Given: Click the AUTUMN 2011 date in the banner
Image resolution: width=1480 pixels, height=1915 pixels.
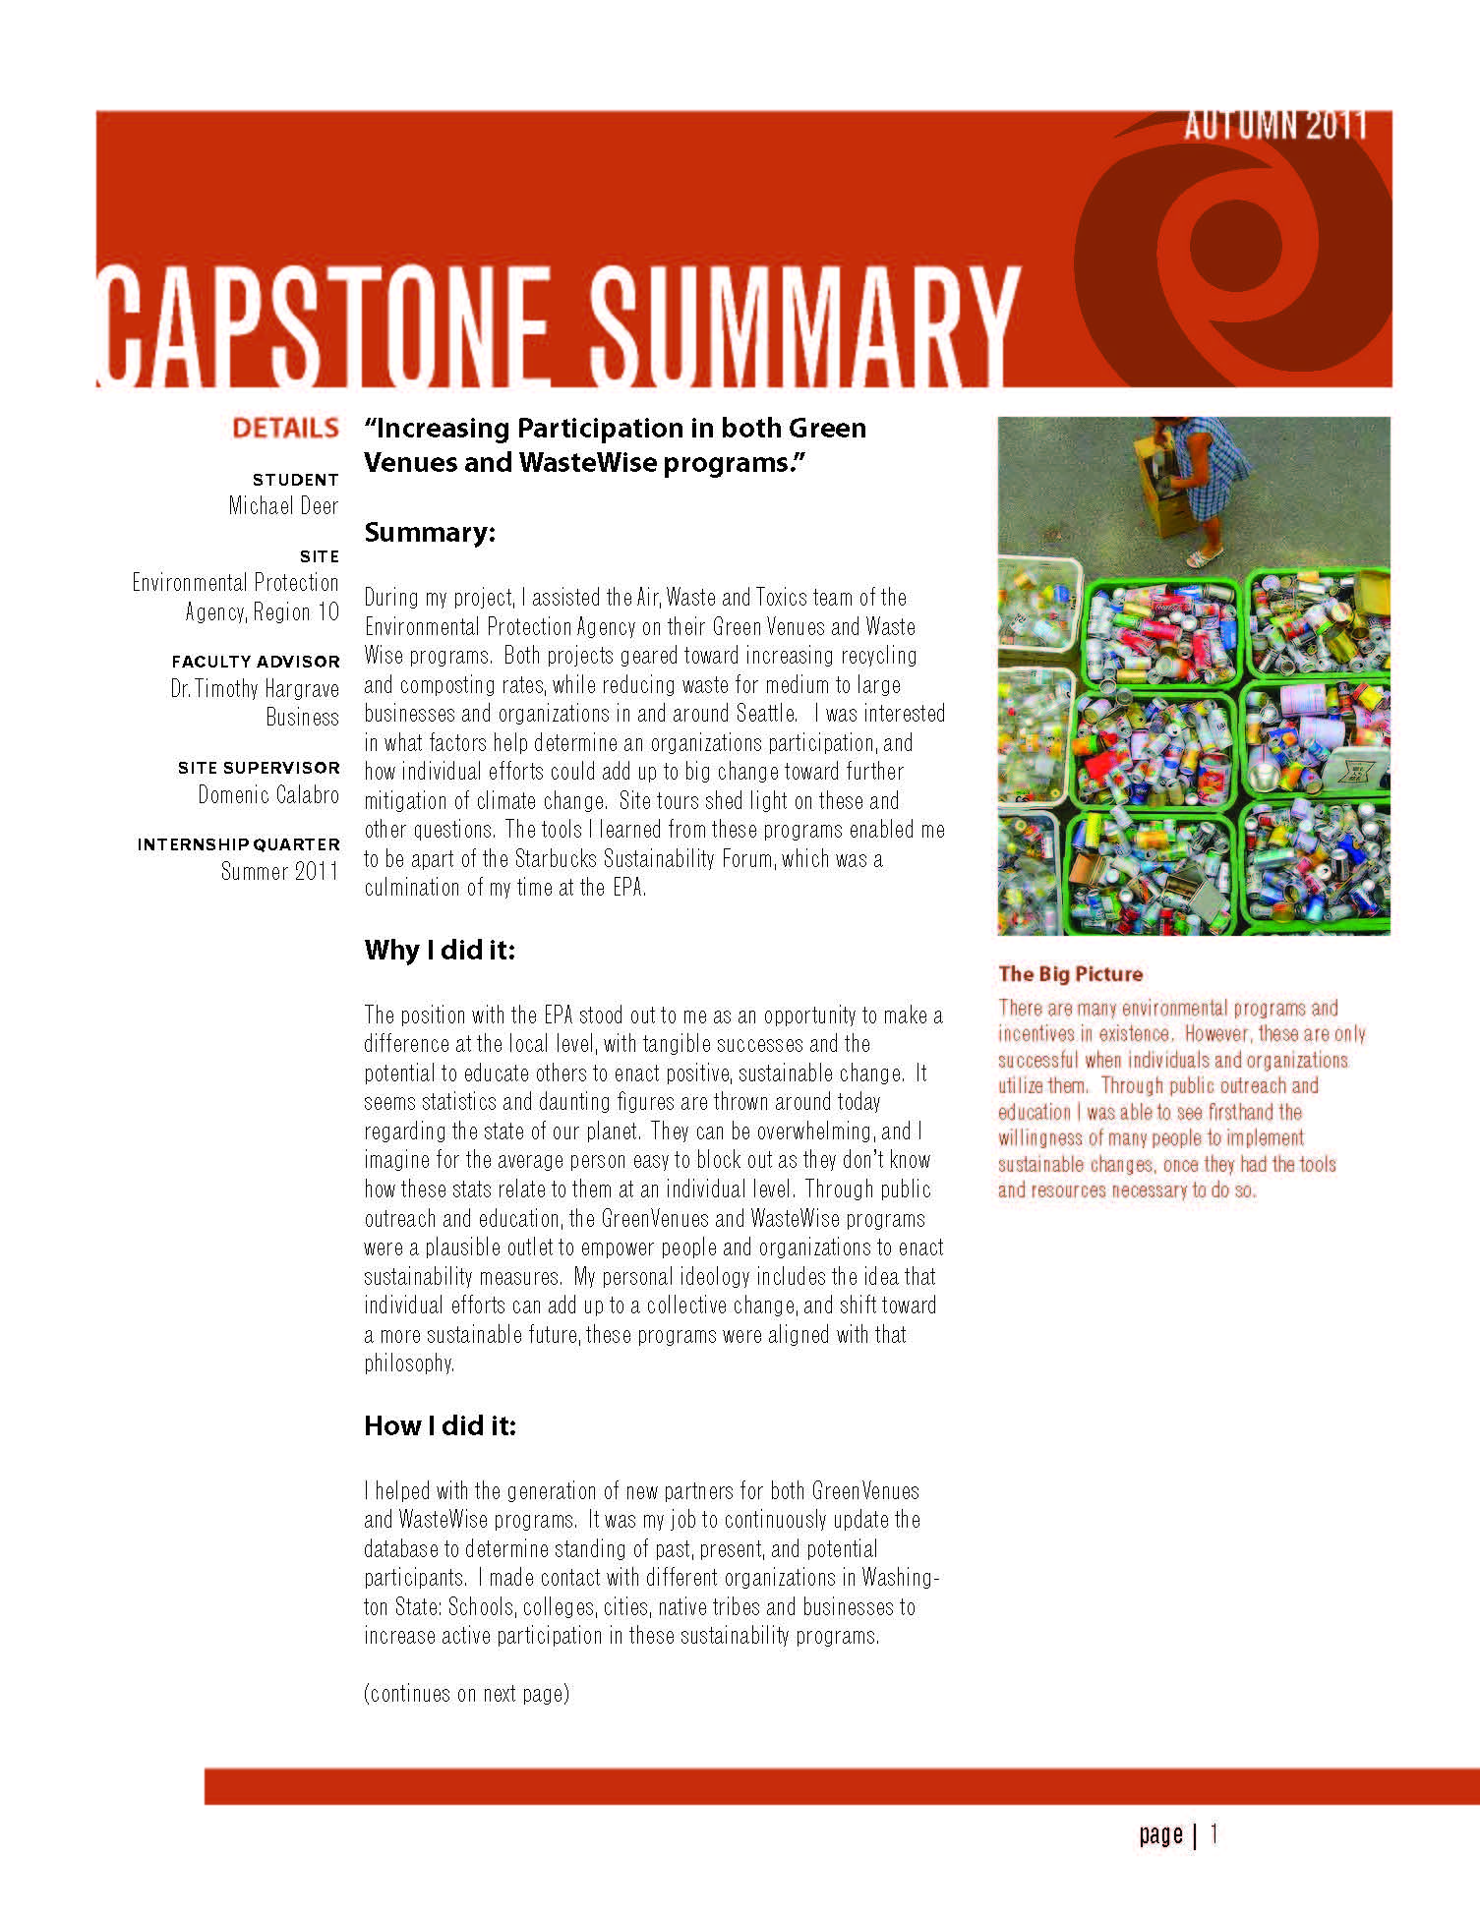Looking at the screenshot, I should (x=1274, y=126).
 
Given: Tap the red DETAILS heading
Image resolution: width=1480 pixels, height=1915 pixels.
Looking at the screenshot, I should (x=285, y=429).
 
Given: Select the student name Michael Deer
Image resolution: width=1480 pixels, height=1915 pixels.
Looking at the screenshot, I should (x=283, y=506).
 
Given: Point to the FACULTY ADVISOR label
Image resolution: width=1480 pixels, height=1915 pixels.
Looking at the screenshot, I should (x=256, y=662).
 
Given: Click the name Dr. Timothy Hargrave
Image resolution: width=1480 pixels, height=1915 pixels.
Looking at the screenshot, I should (x=255, y=689).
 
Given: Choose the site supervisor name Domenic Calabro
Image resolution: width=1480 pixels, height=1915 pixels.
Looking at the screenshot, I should (x=268, y=795).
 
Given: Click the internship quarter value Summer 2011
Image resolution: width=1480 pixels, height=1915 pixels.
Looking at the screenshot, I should (x=279, y=872).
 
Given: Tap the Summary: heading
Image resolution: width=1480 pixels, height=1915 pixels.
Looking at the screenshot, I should (x=430, y=533).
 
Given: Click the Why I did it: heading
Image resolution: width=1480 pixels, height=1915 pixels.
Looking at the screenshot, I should (x=440, y=951).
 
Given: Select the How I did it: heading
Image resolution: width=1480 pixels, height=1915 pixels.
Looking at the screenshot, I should (x=440, y=1426).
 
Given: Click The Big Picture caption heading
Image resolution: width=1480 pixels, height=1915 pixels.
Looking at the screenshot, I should (x=1070, y=974).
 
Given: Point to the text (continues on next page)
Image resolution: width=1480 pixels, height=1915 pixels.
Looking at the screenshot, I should (x=466, y=1694).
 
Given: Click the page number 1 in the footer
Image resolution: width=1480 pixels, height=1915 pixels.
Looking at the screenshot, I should (x=1214, y=1833).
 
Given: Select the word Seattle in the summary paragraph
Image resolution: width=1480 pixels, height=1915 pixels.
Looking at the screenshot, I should (x=766, y=714).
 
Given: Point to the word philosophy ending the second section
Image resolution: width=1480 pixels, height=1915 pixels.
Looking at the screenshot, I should (x=408, y=1364).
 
